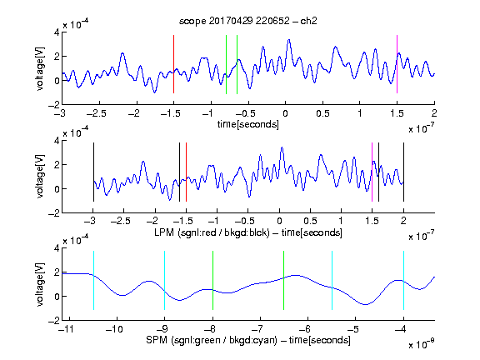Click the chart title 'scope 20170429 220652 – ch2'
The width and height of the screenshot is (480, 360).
pyautogui.click(x=248, y=21)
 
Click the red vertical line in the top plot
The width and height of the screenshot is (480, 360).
pyautogui.click(x=173, y=64)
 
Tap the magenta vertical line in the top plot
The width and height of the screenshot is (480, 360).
pyautogui.click(x=397, y=64)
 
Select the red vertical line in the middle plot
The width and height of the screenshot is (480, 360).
pyautogui.click(x=186, y=172)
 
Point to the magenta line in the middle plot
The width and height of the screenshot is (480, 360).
pyautogui.click(x=372, y=172)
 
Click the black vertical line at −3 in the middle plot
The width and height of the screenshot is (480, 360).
pyautogui.click(x=93, y=172)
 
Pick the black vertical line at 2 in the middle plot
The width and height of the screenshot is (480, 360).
pyautogui.click(x=403, y=172)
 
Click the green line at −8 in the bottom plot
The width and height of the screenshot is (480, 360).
pyautogui.click(x=212, y=280)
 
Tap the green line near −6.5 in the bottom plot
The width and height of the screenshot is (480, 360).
pyautogui.click(x=284, y=280)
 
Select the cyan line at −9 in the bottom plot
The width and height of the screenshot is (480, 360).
pyautogui.click(x=164, y=280)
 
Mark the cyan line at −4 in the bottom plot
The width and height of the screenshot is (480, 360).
pyautogui.click(x=403, y=280)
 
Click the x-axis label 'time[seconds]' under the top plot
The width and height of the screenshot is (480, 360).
pyautogui.click(x=248, y=124)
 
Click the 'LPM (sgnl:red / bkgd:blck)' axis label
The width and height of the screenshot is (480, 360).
pyautogui.click(x=212, y=232)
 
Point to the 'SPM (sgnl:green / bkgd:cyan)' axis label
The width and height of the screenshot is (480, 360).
pyautogui.click(x=212, y=340)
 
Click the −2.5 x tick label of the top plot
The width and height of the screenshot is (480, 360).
pyautogui.click(x=96, y=113)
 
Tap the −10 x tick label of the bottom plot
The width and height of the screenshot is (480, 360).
pyautogui.click(x=114, y=329)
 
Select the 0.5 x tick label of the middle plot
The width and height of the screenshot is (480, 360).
pyautogui.click(x=310, y=221)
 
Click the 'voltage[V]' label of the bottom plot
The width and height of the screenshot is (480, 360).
pyautogui.click(x=40, y=284)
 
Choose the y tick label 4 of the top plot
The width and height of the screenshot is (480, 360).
pyautogui.click(x=57, y=32)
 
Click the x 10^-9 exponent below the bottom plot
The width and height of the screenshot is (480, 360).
pyautogui.click(x=422, y=343)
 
